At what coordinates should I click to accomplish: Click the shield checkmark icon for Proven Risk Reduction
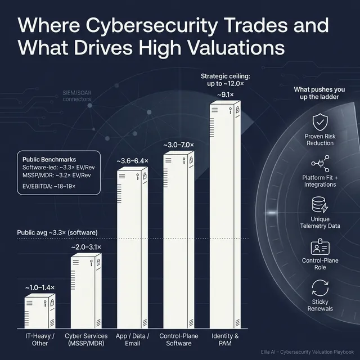click(319, 120)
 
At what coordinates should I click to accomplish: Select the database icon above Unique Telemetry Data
click(319, 204)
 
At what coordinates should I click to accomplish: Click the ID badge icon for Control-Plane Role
click(319, 247)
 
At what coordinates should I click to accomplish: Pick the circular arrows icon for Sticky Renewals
click(319, 290)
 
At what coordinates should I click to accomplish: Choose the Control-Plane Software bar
click(178, 241)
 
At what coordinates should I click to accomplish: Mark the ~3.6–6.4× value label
click(133, 161)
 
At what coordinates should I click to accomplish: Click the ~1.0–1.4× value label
click(40, 287)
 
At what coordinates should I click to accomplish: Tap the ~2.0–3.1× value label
click(86, 246)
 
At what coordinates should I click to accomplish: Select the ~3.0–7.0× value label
click(179, 145)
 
